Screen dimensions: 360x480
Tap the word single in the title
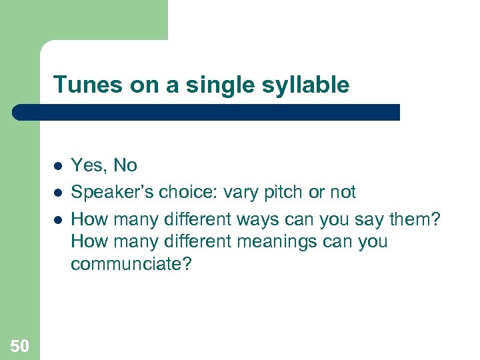(227, 85)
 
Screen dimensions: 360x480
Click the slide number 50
(20, 345)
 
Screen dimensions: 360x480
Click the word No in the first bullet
(125, 165)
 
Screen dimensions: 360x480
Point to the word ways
(257, 219)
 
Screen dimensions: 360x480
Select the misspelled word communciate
(131, 264)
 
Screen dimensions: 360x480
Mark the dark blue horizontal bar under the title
(207, 112)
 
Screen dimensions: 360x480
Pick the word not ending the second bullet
(343, 193)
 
